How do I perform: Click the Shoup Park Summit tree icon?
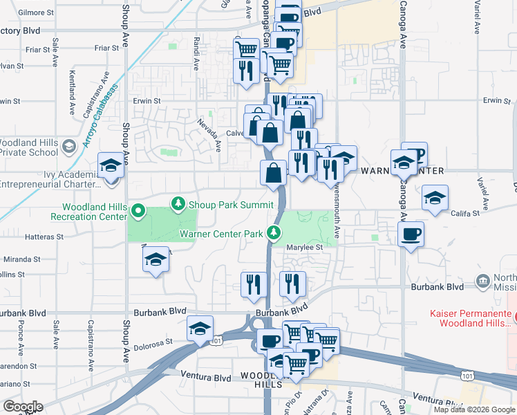pos(178,203)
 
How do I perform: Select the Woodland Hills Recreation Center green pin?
pos(138,211)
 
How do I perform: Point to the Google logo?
pos(23,407)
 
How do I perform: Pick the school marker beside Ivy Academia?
pos(111,167)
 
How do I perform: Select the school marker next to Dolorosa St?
pos(199,329)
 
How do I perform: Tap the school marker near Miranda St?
pos(156,260)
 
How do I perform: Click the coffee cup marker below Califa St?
pos(411,234)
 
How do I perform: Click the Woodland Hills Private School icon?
pos(68,146)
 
